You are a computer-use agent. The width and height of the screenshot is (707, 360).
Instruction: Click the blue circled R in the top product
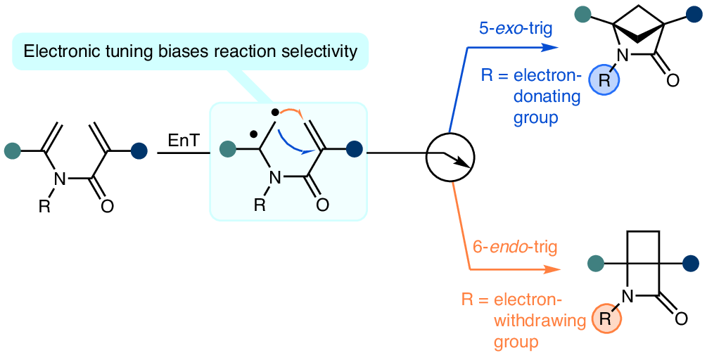click(x=604, y=80)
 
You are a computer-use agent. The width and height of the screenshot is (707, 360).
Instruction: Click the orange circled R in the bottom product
click(x=606, y=319)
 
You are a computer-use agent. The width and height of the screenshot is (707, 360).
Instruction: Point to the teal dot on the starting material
click(x=12, y=151)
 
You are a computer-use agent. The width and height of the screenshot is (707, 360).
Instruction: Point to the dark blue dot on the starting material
click(x=139, y=151)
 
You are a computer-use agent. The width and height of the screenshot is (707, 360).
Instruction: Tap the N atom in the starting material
click(x=59, y=179)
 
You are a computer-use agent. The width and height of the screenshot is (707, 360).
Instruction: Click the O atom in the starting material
click(x=107, y=206)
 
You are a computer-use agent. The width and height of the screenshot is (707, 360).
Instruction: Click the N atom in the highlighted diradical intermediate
click(x=274, y=179)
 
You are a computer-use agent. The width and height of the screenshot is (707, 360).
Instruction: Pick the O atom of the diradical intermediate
click(x=322, y=205)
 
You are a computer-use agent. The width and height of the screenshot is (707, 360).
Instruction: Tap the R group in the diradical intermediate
click(x=260, y=205)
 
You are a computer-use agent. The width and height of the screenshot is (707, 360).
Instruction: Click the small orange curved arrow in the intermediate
click(x=289, y=112)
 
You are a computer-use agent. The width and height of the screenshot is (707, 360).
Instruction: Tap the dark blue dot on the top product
click(x=693, y=15)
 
